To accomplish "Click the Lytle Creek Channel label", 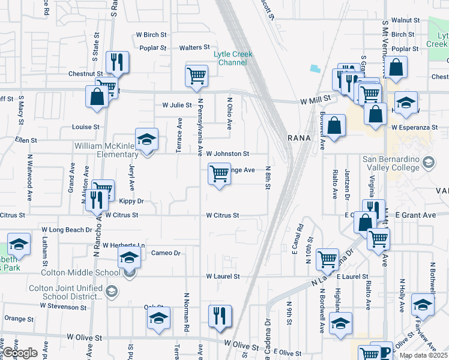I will [x=234, y=58].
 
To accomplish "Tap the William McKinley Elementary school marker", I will [x=146, y=140].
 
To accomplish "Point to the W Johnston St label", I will [x=228, y=154].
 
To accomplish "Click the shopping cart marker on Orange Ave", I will [x=219, y=175].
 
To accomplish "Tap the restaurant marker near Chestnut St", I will [x=117, y=62].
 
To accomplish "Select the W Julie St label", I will [x=176, y=104].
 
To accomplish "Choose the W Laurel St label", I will [x=223, y=277].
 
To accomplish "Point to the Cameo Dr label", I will [x=166, y=253].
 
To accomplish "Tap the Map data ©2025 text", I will [x=423, y=355].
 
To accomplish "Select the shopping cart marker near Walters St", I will [x=196, y=76].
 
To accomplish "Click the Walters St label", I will [x=194, y=47].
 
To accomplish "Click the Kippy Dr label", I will [x=131, y=202].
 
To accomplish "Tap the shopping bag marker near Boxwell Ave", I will [x=336, y=126].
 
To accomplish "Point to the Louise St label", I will [x=85, y=127].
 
